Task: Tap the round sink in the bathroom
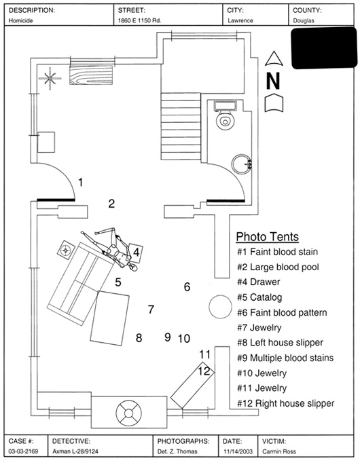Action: pos(242,164)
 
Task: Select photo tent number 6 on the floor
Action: pos(187,286)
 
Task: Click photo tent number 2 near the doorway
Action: pos(111,204)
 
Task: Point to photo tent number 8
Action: pos(139,338)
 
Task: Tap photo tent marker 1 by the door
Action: pos(80,182)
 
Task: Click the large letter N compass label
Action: pos(273,81)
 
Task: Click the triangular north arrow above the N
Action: pos(274,58)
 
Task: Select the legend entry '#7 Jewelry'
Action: pos(259,328)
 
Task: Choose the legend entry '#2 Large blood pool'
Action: pos(278,267)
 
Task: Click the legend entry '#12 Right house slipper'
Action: pos(285,403)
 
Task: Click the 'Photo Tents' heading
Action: pos(268,237)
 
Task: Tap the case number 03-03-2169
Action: pos(23,451)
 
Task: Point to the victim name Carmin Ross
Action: pos(279,451)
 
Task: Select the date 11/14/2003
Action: pos(238,451)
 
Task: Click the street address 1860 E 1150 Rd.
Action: pos(139,20)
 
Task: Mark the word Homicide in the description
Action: pos(20,20)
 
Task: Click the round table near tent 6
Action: pos(220,307)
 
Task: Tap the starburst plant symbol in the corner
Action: pos(50,79)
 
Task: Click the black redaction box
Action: pos(324,48)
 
